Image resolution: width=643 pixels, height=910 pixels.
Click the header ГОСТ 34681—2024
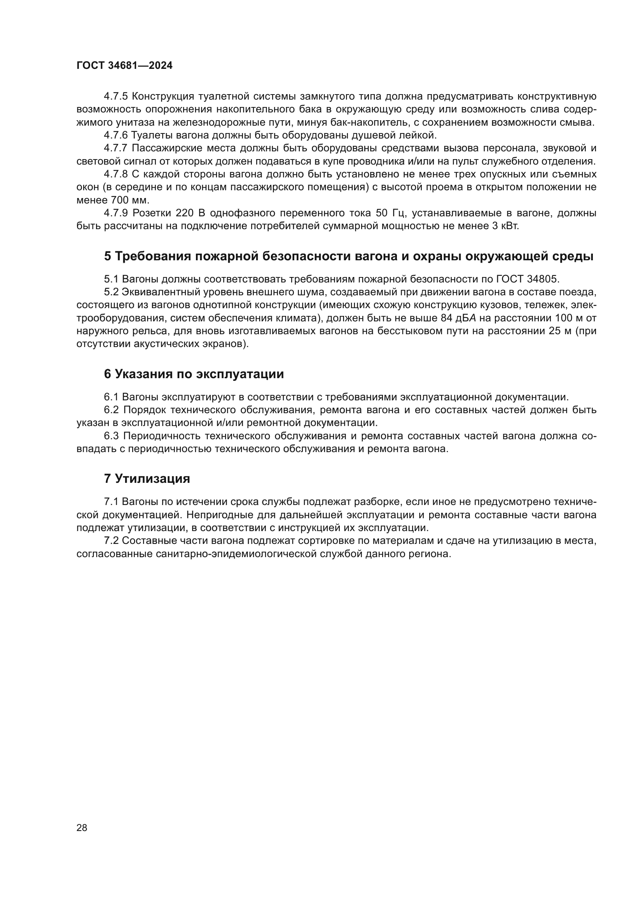click(x=124, y=66)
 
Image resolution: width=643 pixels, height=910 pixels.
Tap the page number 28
click(x=82, y=828)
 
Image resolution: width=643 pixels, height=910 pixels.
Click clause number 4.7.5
click(x=115, y=96)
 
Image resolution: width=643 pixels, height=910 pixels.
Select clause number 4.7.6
click(x=115, y=135)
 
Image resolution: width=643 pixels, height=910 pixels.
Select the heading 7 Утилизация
click(x=147, y=479)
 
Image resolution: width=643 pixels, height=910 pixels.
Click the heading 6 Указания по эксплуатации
click(x=194, y=374)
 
